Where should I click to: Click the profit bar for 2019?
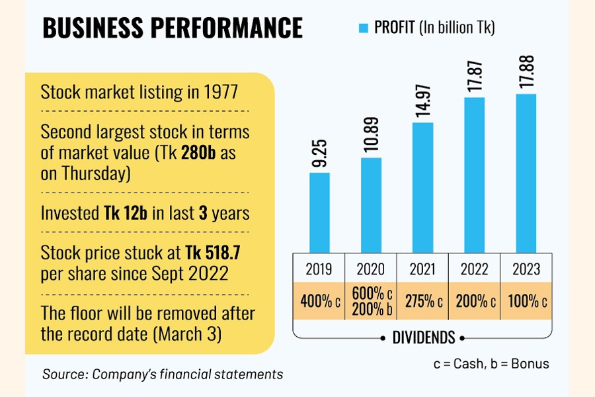click(x=319, y=212)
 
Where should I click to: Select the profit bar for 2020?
click(x=371, y=204)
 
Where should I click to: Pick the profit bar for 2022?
click(x=474, y=175)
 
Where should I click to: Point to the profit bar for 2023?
click(x=526, y=173)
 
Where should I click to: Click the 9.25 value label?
click(x=319, y=153)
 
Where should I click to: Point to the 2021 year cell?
click(x=422, y=269)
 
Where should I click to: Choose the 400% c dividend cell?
click(x=319, y=300)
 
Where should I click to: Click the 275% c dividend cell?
click(x=422, y=300)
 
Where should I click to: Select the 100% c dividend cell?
click(x=526, y=300)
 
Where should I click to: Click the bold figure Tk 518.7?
click(x=211, y=253)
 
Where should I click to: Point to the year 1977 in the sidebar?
click(x=221, y=92)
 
